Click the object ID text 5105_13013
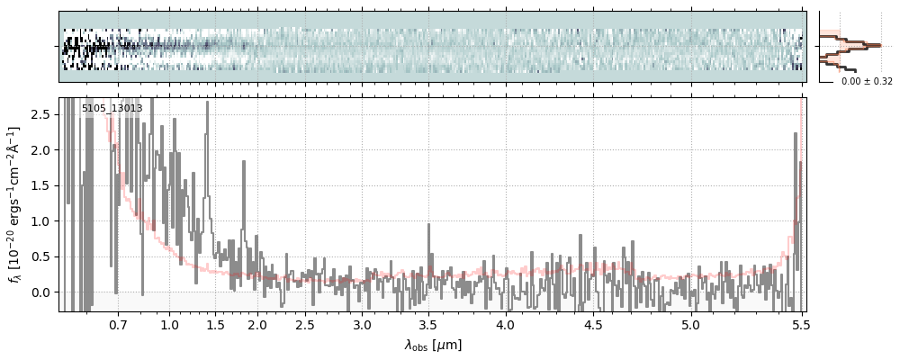pyautogui.click(x=112, y=109)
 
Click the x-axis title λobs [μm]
pyautogui.click(x=433, y=345)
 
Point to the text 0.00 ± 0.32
pyautogui.click(x=867, y=81)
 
